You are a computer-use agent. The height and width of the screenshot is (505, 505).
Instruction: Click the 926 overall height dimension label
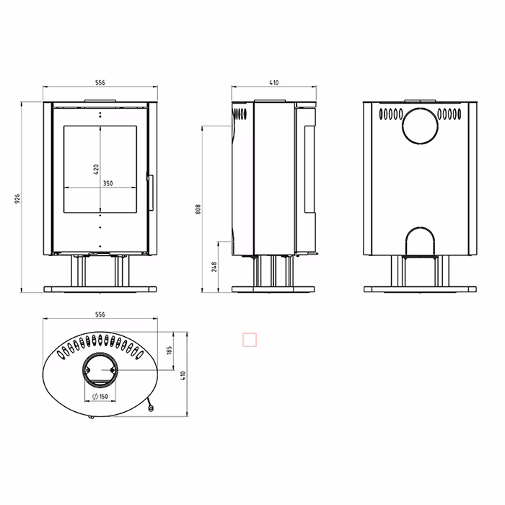point(17,198)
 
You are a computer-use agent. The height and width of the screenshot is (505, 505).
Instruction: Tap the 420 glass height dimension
point(96,170)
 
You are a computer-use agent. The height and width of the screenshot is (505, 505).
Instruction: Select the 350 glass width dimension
point(108,183)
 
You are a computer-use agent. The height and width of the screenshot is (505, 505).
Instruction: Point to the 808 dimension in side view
point(198,209)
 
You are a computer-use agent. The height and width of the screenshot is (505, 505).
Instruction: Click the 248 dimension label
point(214,267)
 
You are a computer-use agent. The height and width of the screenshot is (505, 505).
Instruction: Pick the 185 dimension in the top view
point(170,351)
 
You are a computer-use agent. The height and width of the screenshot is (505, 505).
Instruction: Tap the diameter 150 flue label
point(100,397)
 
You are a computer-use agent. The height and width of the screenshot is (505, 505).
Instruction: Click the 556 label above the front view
point(100,82)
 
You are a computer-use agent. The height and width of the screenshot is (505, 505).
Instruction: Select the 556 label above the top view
point(100,315)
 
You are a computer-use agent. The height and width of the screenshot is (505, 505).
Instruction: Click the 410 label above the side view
point(273,82)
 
